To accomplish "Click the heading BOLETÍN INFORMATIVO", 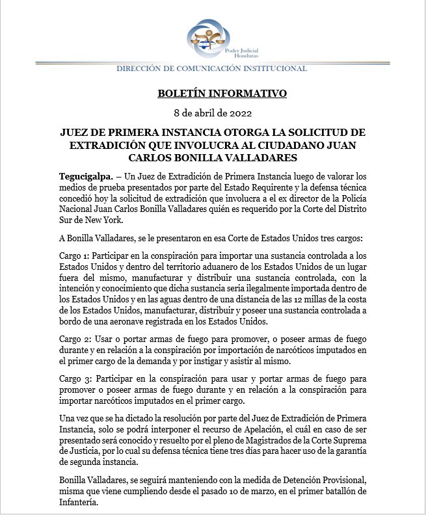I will pos(222,94).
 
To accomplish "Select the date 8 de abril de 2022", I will pos(213,113).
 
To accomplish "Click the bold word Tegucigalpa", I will pos(82,177).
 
